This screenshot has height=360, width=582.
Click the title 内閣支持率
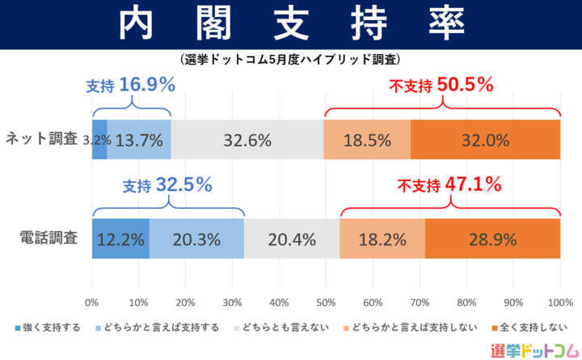(x=291, y=25)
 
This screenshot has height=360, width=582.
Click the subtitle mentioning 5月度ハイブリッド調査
(x=291, y=59)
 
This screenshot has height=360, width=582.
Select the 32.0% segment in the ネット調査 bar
(x=485, y=139)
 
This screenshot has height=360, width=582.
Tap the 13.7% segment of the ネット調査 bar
(x=139, y=139)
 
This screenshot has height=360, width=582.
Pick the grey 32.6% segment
(x=247, y=139)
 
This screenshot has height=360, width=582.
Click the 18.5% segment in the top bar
(x=367, y=139)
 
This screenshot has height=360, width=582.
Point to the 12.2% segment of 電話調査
(x=120, y=239)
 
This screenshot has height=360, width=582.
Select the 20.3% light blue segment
(x=196, y=239)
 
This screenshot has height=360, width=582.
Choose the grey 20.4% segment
(x=292, y=239)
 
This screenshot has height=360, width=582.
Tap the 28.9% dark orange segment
(x=492, y=239)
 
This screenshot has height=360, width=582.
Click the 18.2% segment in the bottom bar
(x=382, y=239)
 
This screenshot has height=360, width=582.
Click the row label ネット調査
(x=42, y=139)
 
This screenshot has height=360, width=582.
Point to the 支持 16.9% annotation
(x=130, y=85)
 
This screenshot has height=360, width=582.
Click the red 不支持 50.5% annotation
(x=441, y=85)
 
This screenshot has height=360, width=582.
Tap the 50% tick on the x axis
(x=326, y=303)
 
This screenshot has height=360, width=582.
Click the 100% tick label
(x=559, y=303)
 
